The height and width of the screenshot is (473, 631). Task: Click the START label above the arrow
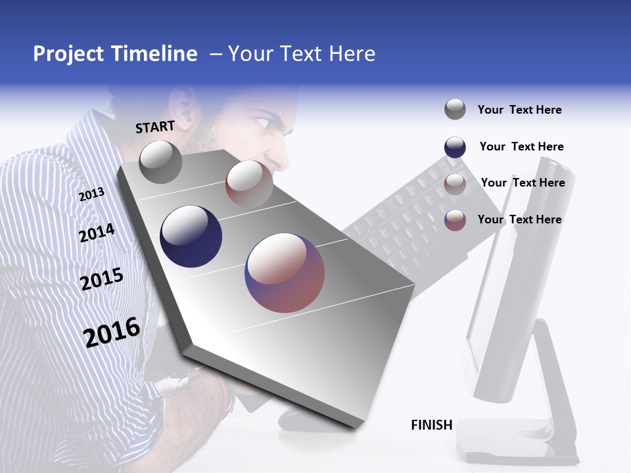pos(155,127)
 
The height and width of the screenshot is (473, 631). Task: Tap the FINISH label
pos(432,425)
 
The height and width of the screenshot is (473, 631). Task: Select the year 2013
pos(92,194)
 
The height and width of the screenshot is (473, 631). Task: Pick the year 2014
pos(97,233)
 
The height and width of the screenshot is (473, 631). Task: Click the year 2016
pos(112,332)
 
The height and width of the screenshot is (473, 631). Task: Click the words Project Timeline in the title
pos(115,54)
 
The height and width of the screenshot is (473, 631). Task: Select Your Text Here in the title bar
pos(302,54)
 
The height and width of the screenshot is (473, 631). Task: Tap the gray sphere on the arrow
pos(160,162)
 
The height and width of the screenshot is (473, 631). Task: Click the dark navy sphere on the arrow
pos(191,236)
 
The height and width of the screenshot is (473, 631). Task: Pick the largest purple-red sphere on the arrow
pos(285,273)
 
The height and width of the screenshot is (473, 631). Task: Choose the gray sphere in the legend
pos(455,109)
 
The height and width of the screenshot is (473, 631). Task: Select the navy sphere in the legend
pos(455,146)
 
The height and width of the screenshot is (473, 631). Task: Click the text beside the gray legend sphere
pos(519,110)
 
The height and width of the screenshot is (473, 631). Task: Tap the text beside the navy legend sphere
pos(521,146)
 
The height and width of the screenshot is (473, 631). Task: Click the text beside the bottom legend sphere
pos(519,219)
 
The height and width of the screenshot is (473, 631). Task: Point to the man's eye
pos(262,123)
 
